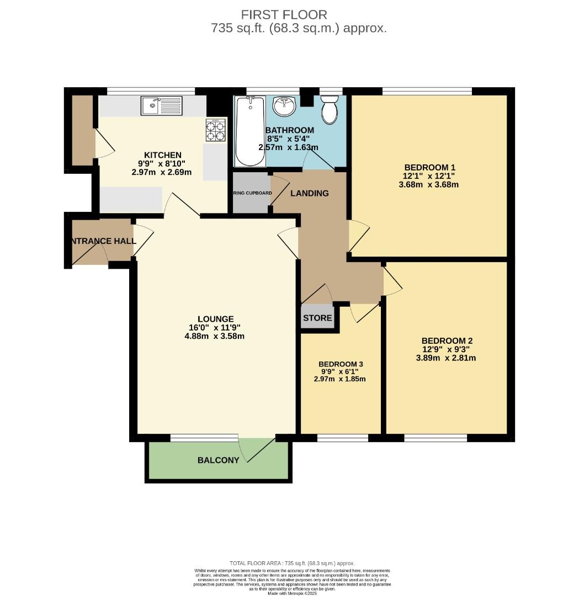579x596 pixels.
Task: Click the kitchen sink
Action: [x=161, y=105]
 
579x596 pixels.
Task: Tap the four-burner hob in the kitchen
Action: [x=216, y=130]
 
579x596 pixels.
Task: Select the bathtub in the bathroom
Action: [x=249, y=131]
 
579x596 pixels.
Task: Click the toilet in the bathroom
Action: [x=330, y=109]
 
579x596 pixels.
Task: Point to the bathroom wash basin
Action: [x=285, y=107]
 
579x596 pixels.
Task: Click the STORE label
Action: [x=317, y=318]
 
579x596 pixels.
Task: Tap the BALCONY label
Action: [x=219, y=460]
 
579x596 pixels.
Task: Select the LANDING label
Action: [x=310, y=193]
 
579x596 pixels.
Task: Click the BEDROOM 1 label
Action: [x=429, y=167]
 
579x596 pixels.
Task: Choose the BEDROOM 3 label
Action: [x=341, y=364]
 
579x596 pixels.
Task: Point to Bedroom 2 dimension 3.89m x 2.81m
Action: [x=446, y=358]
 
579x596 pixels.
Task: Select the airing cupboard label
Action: [x=252, y=193]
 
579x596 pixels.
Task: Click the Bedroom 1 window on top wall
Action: [x=427, y=91]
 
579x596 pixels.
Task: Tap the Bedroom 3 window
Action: [x=342, y=438]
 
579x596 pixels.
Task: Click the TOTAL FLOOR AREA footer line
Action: [x=289, y=563]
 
